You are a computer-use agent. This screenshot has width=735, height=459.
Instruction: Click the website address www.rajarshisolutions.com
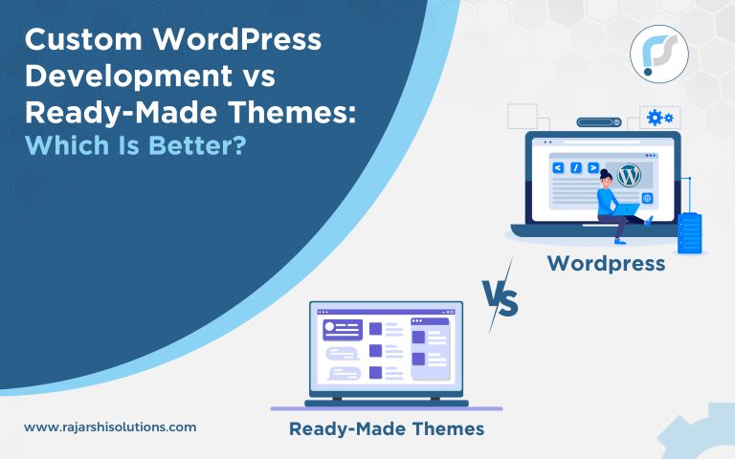pyautogui.click(x=110, y=426)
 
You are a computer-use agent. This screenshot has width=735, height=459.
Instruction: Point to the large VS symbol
pyautogui.click(x=499, y=302)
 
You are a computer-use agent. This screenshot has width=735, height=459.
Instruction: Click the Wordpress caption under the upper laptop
pyautogui.click(x=606, y=263)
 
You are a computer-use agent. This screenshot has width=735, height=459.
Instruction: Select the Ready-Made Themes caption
pyautogui.click(x=386, y=428)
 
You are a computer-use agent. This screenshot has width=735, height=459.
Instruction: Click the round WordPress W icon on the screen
pyautogui.click(x=628, y=176)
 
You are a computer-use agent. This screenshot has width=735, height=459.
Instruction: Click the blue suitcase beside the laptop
pyautogui.click(x=689, y=232)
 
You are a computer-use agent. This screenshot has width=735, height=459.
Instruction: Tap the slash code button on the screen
pyautogui.click(x=576, y=168)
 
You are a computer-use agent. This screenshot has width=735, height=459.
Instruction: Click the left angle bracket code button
pyautogui.click(x=557, y=168)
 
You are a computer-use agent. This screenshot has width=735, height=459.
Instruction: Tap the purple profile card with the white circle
pyautogui.click(x=343, y=329)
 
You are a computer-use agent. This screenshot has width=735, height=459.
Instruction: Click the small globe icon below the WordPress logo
pyautogui.click(x=648, y=198)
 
